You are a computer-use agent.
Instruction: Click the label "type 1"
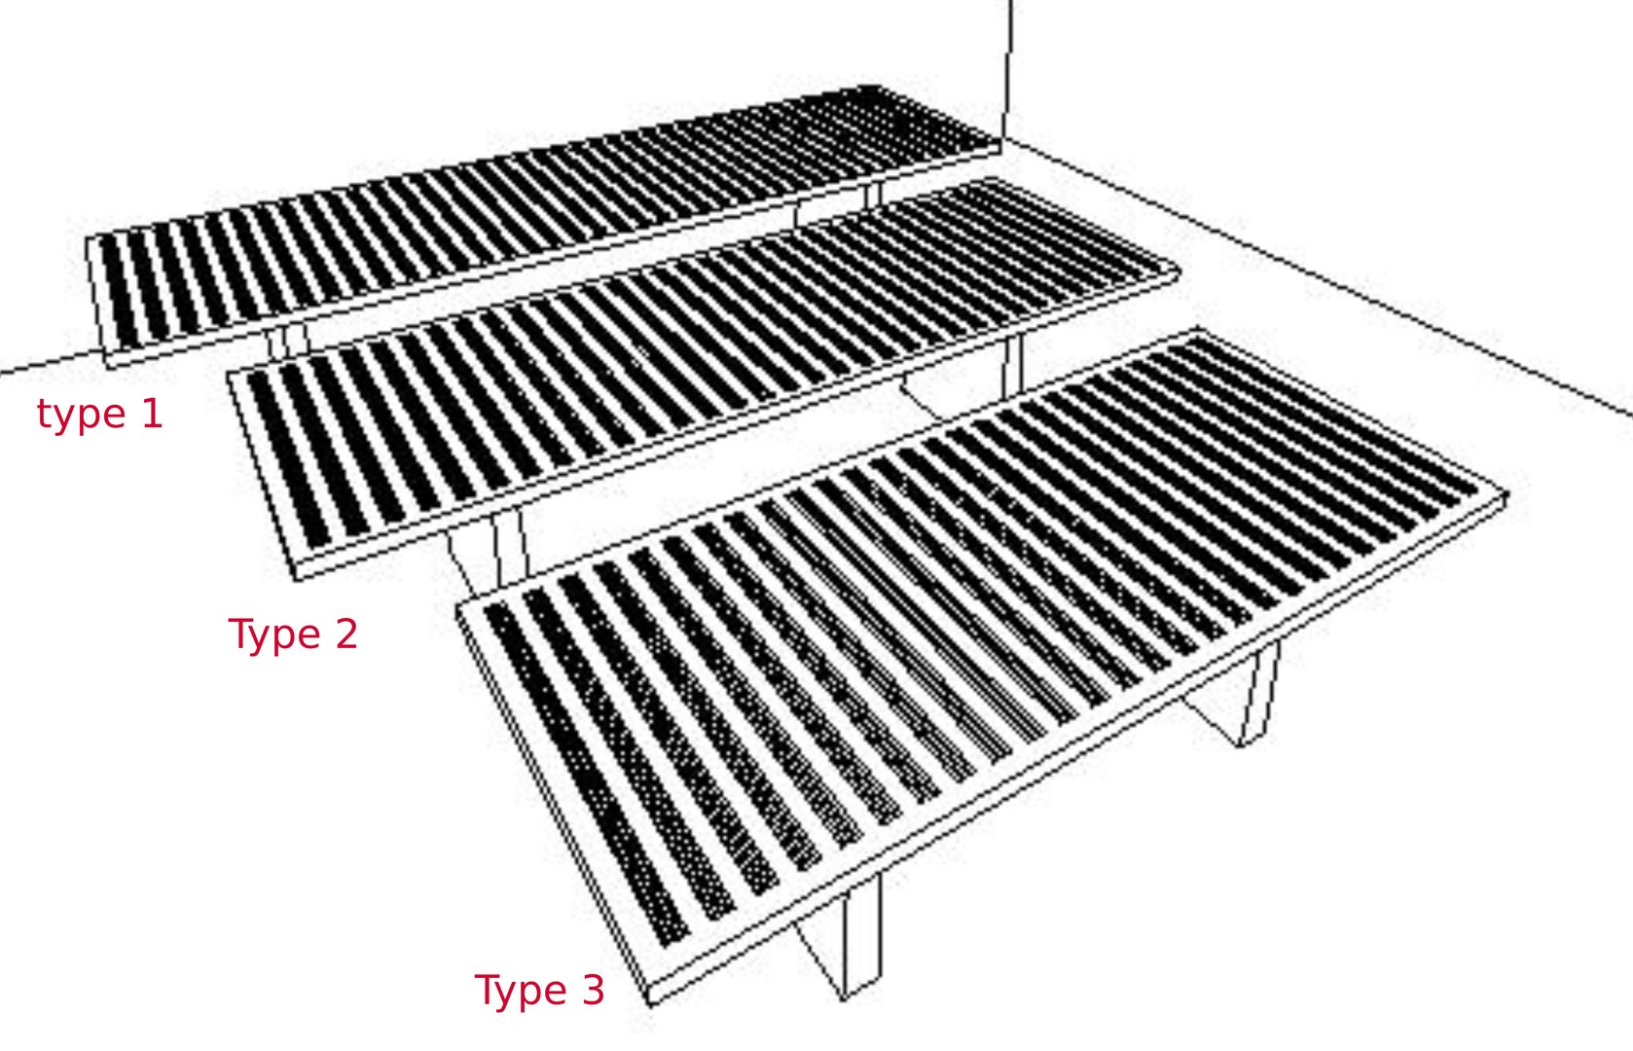coord(99,415)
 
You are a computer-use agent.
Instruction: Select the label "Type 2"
coord(293,634)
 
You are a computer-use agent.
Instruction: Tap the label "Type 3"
coord(539,991)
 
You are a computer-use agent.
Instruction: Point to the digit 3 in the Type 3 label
coord(593,991)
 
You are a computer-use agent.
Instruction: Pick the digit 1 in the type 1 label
coord(152,414)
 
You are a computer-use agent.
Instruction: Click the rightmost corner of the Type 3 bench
coord(1506,496)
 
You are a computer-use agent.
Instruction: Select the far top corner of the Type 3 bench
coord(1195,333)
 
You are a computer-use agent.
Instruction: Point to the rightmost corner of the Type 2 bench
coord(1179,272)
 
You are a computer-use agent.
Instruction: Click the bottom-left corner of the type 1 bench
coord(107,366)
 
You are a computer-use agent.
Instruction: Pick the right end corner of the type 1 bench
coord(1000,147)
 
